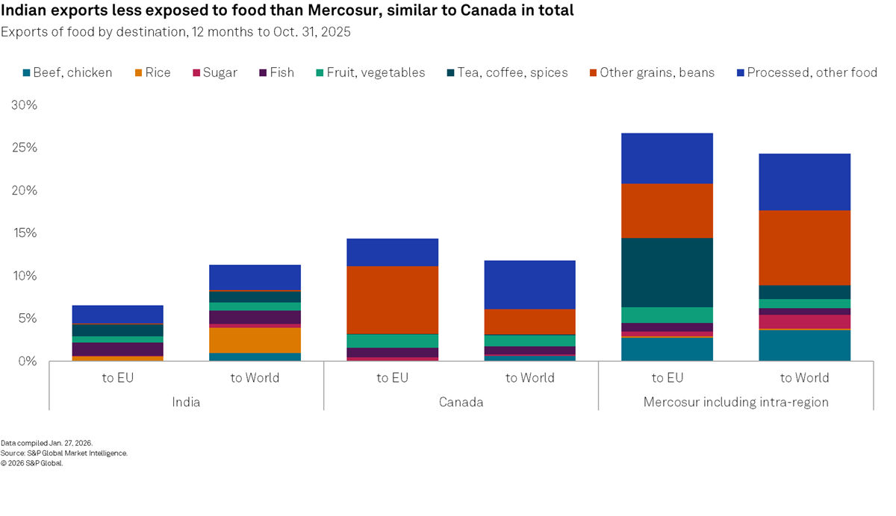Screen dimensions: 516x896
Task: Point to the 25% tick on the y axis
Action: click(x=22, y=148)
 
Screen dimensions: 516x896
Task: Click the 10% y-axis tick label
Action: click(x=22, y=276)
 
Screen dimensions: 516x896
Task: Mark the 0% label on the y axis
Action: click(x=26, y=361)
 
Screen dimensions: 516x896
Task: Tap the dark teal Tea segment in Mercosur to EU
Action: click(x=667, y=272)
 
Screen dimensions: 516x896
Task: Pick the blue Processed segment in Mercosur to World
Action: click(x=804, y=182)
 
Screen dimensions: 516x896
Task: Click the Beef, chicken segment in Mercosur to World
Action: click(x=804, y=345)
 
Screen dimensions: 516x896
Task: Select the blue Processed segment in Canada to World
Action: click(x=529, y=284)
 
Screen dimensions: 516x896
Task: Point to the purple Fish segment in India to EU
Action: click(x=117, y=349)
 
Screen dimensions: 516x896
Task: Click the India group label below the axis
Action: click(x=186, y=402)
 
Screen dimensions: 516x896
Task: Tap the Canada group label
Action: click(x=461, y=402)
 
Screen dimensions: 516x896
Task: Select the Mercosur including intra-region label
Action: click(x=735, y=402)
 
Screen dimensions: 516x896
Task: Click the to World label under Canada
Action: click(x=529, y=378)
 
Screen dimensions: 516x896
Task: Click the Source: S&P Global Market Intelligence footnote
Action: click(x=64, y=453)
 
